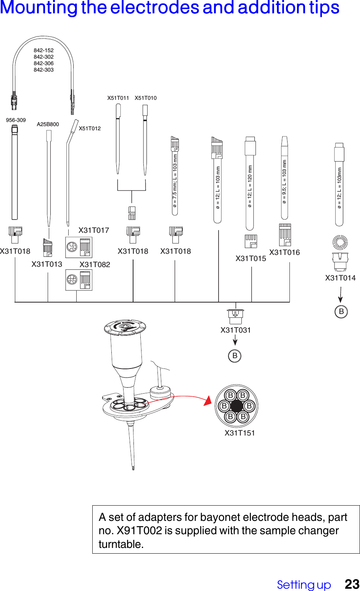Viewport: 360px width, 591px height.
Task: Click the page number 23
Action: point(352,584)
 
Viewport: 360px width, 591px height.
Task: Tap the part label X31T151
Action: point(239,433)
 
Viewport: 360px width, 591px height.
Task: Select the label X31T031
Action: point(236,330)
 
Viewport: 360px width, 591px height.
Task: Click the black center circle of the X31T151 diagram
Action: point(236,406)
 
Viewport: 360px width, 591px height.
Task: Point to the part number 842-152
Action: point(43,50)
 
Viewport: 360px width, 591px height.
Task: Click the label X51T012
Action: point(90,128)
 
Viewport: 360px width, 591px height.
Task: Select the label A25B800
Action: point(48,124)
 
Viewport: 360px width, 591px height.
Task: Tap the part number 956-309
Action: point(16,120)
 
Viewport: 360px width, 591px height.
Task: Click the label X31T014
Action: point(340,278)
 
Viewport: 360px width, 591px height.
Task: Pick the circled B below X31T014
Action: point(341,312)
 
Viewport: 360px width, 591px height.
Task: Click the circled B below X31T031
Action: point(235,356)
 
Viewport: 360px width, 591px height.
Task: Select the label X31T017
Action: point(94,230)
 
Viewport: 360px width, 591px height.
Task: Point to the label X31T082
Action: point(95,264)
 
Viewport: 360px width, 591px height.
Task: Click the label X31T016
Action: point(284,252)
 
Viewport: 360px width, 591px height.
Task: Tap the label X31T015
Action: point(251,258)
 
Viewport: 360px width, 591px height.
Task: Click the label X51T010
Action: point(145,98)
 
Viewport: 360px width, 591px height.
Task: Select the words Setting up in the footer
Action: point(304,585)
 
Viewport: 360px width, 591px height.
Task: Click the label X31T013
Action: point(47,264)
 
